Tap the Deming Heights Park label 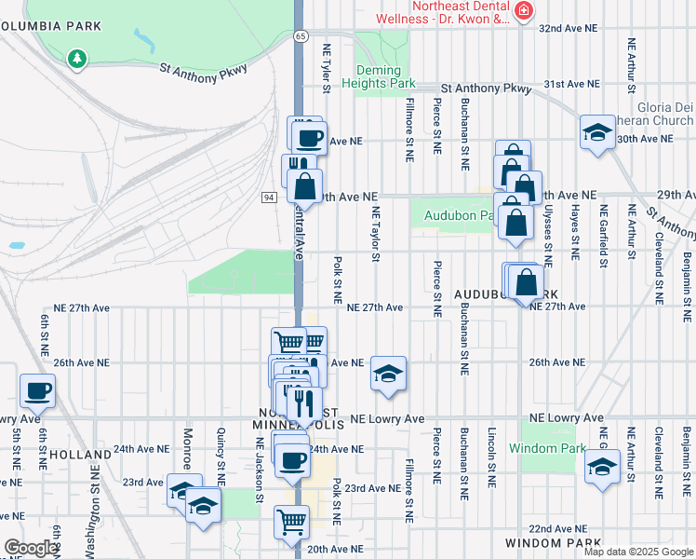[x=384, y=76]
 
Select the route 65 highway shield [x=300, y=35]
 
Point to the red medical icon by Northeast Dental [x=524, y=11]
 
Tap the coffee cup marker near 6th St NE [x=37, y=391]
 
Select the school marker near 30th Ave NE [x=597, y=132]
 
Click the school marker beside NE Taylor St [x=388, y=374]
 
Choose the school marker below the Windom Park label [x=602, y=468]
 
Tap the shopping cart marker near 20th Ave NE [x=292, y=522]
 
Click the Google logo [x=31, y=548]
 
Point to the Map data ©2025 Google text [x=637, y=552]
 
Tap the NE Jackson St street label [x=260, y=466]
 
